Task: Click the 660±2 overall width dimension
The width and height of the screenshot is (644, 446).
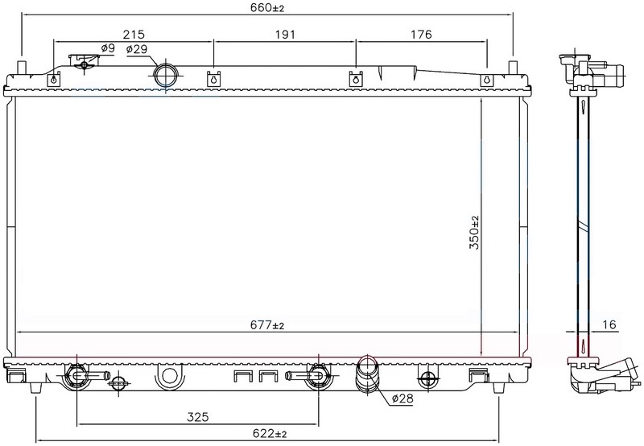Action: (x=267, y=7)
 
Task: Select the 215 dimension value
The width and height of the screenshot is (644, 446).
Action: (x=134, y=34)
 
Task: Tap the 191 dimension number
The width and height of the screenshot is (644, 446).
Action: (x=285, y=34)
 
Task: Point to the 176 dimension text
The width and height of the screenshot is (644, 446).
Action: (x=421, y=34)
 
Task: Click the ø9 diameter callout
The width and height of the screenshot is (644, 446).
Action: (x=108, y=48)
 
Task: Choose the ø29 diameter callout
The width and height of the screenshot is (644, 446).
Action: (x=137, y=49)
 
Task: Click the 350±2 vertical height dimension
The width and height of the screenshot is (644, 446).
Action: (x=474, y=233)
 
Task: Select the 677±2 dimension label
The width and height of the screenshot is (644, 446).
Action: (x=267, y=325)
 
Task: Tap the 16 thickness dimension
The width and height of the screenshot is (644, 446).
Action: (x=609, y=325)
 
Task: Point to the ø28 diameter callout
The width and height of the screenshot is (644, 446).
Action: (x=402, y=398)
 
